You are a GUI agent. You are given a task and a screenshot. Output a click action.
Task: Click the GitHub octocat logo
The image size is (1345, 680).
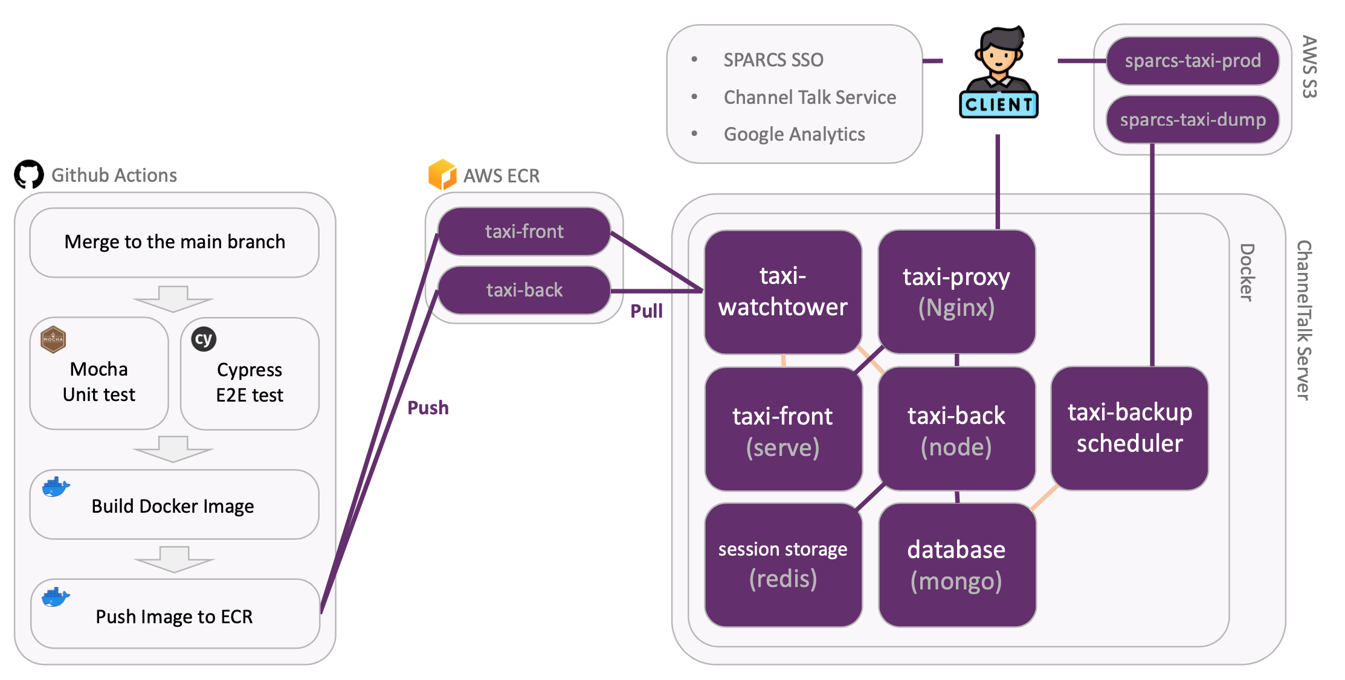29,175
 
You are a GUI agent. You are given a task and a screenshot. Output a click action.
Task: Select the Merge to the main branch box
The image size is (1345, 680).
174,242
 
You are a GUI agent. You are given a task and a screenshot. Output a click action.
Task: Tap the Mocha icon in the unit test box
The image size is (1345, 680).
53,339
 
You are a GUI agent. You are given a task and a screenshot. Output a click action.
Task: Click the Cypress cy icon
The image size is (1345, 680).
204,339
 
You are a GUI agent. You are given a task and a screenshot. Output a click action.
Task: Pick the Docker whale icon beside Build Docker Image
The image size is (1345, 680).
56,487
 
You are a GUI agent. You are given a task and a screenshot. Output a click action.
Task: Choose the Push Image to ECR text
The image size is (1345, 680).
174,617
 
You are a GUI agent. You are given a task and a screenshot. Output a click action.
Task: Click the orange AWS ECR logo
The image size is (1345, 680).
442,175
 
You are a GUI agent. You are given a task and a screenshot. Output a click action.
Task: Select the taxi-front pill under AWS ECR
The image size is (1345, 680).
524,231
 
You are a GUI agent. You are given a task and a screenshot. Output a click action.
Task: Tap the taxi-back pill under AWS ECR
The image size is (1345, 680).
524,290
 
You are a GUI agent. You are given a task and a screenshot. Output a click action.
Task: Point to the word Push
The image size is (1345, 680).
428,408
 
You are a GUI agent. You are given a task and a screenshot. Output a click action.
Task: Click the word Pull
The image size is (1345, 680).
647,311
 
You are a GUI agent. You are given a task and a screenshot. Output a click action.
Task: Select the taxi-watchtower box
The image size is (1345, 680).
783,292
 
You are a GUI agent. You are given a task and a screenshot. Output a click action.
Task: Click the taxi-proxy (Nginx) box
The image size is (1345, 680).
956,292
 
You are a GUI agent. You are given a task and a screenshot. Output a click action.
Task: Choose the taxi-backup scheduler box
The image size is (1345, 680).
1129,428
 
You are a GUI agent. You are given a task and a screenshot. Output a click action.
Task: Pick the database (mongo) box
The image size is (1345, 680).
956,565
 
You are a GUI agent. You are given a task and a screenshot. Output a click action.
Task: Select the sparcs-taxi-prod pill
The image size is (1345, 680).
1193,61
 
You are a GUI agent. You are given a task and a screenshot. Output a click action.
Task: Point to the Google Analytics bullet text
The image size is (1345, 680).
794,134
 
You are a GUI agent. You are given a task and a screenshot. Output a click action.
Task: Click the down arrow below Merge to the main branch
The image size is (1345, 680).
173,298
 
